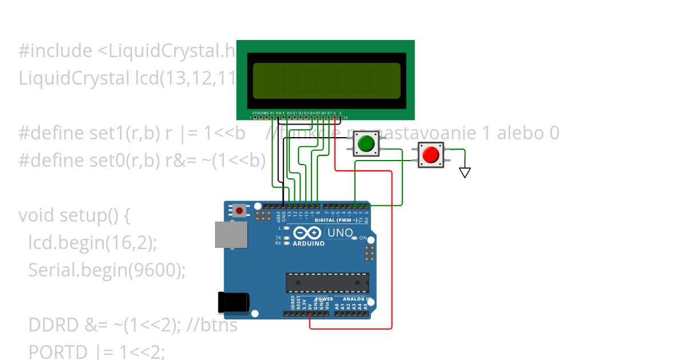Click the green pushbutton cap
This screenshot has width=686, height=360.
point(366,143)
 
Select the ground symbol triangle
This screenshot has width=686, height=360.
point(465,172)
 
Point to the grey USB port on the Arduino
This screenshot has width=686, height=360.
point(230,234)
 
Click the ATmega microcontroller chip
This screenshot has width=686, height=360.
point(328,282)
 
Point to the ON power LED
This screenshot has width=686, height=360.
point(355,238)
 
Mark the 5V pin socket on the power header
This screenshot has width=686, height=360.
point(310,314)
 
